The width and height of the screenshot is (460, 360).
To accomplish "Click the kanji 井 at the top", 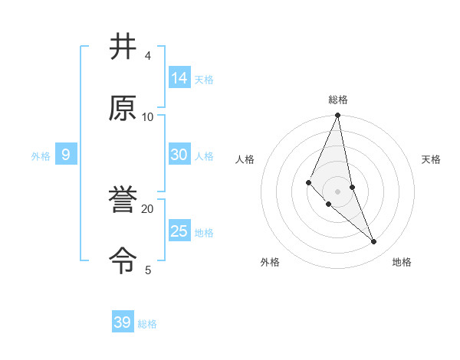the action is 123,47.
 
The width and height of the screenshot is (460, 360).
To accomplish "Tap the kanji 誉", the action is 123,201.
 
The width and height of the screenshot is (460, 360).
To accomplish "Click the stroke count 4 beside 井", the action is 148,56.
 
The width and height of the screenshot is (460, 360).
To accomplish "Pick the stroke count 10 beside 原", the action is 148,116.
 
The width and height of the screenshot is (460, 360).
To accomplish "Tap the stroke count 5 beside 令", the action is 148,270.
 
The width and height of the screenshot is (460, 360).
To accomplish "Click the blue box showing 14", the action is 179,78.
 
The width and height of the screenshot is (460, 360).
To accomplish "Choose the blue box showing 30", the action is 179,155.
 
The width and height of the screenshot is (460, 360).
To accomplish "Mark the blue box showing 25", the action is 179,231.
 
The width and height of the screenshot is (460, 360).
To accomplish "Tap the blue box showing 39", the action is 123,322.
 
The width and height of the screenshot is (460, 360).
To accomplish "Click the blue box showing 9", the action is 66,155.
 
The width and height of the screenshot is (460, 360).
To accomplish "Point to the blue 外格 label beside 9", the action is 41,156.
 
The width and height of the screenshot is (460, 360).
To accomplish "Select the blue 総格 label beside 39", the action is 147,324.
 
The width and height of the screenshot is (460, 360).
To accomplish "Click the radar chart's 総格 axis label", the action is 338,100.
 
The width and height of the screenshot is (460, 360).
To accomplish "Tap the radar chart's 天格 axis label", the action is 432,159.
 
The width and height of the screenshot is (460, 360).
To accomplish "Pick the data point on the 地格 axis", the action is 374,242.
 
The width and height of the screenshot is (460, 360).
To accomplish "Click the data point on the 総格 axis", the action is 338,116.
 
